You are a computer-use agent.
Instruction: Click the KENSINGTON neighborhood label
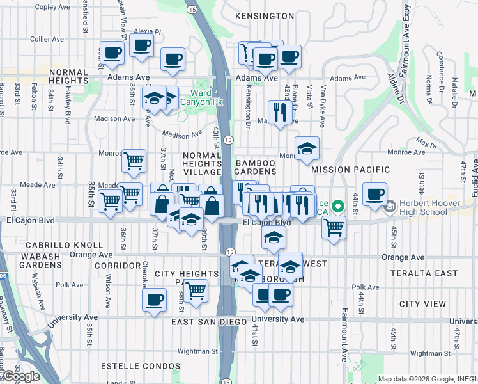(x=264, y=15)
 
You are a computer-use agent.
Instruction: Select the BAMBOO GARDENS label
(x=256, y=168)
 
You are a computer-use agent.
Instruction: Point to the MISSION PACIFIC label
(x=350, y=170)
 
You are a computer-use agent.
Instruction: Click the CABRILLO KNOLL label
(x=64, y=245)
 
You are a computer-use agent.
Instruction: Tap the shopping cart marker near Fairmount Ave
(x=334, y=226)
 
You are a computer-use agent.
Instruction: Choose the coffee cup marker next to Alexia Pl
(x=141, y=45)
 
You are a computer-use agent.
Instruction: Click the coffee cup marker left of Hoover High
(x=374, y=193)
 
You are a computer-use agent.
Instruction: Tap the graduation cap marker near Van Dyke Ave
(x=307, y=148)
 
